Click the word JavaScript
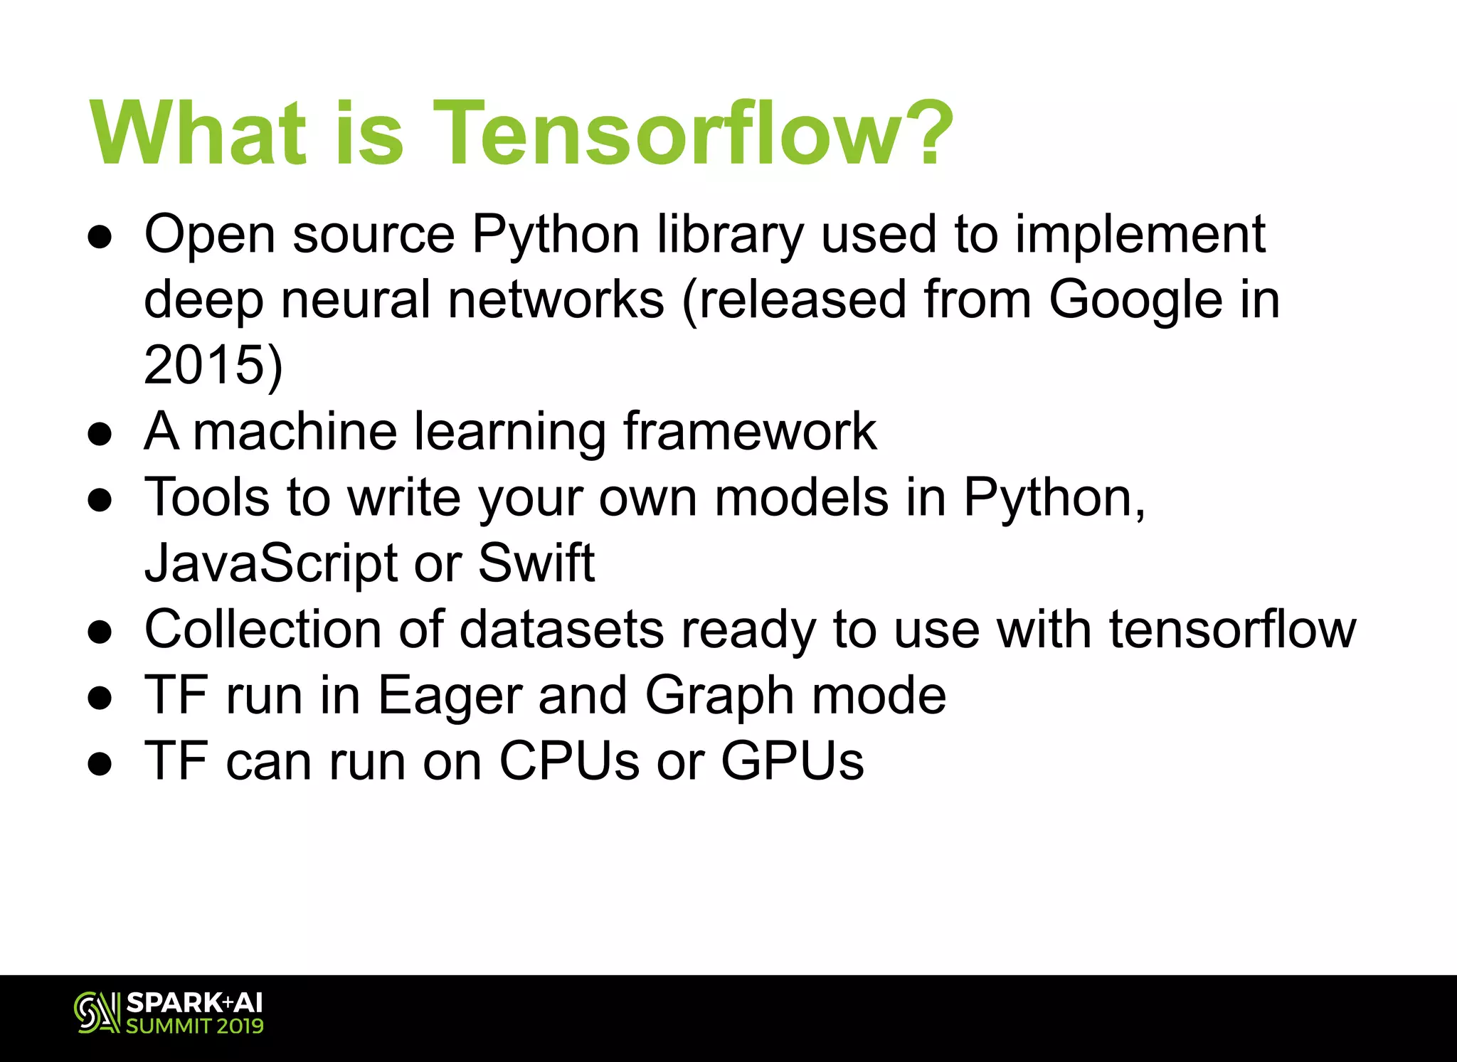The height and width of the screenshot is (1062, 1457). (271, 563)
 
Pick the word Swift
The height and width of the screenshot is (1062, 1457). (536, 563)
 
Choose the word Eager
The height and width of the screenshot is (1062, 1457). (449, 695)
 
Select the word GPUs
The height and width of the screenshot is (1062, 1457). (793, 761)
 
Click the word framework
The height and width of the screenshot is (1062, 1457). (750, 431)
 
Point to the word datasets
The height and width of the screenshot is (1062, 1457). (561, 630)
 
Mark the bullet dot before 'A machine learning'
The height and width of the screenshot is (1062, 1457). (100, 433)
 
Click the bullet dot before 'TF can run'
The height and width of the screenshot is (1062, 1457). (100, 764)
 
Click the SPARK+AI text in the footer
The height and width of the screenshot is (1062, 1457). (194, 1003)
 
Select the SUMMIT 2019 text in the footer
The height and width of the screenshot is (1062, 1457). (194, 1026)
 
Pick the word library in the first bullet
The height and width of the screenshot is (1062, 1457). (730, 235)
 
